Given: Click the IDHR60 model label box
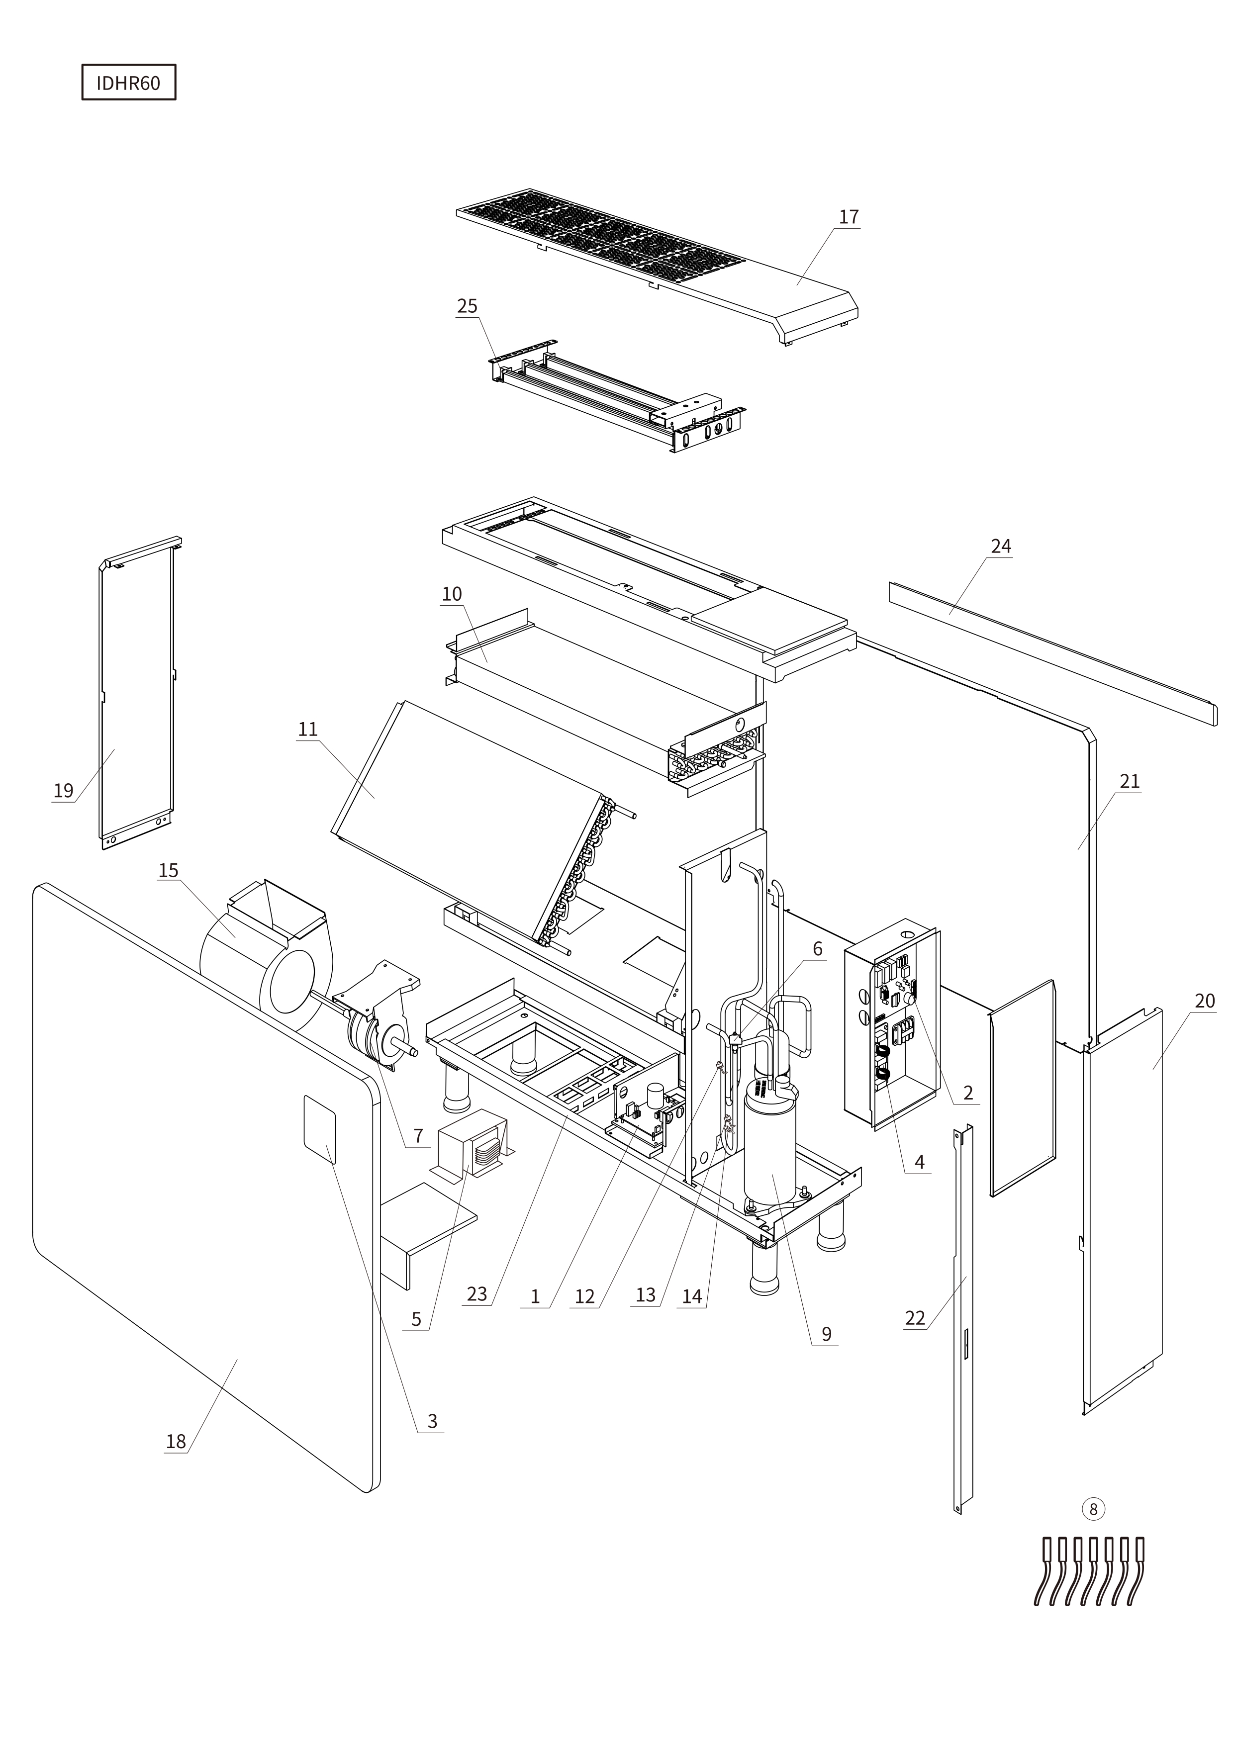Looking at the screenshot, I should pos(128,82).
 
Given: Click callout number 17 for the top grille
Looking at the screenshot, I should pos(849,217).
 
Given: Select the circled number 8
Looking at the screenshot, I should pos(1093,1509).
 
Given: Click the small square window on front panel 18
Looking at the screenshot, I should pos(319,1129).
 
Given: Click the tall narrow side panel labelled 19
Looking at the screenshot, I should pos(137,692).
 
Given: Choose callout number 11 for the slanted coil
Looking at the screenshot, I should pos(307,730).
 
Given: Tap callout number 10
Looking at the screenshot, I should pos(452,594).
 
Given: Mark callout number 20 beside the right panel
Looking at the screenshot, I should pos(1204,1001).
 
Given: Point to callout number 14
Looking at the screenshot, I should pos(692,1296).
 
